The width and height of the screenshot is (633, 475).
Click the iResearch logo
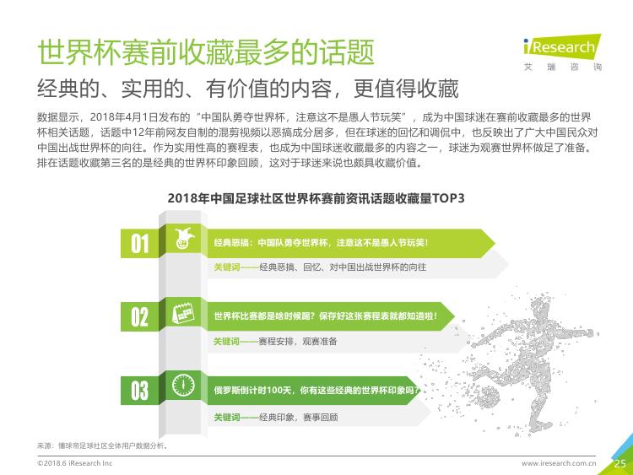point(562,52)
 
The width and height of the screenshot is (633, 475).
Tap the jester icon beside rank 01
point(184,239)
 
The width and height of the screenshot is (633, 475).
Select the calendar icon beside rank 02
point(183,313)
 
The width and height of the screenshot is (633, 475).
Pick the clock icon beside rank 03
point(183,385)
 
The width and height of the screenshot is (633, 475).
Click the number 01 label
point(139,244)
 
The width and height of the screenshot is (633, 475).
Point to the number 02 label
point(139,316)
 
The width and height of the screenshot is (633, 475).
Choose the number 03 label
point(139,391)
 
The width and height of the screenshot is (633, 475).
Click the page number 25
point(620,464)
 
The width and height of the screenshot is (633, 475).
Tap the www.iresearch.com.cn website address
point(559,463)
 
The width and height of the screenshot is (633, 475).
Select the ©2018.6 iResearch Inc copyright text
point(74,463)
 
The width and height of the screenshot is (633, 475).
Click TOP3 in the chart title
point(448,198)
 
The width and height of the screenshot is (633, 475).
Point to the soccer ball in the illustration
point(487,397)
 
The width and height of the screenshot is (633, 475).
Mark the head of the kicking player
point(540,307)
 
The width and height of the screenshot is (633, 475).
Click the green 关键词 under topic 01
point(226,267)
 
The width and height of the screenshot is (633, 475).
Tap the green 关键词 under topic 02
point(226,342)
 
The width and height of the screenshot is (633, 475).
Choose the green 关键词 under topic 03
point(226,418)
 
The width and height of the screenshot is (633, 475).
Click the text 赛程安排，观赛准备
point(298,342)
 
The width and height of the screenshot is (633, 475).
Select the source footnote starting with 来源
point(102,445)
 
